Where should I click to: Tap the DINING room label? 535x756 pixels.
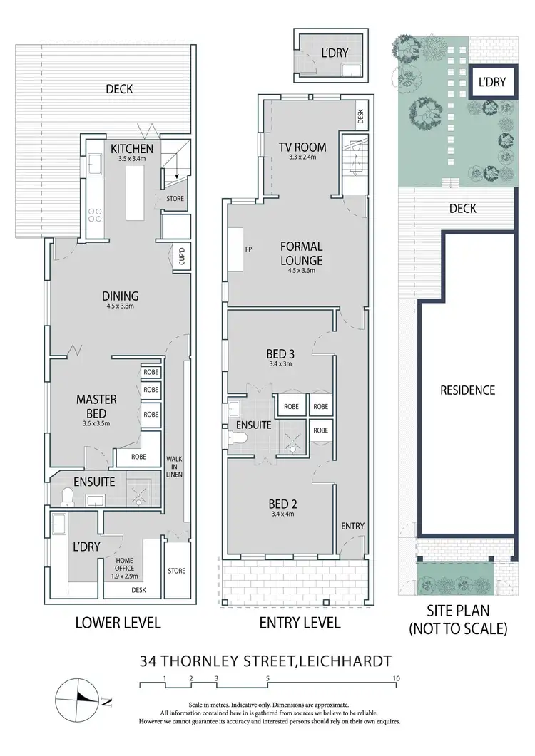120,296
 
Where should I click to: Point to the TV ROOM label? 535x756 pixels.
302,147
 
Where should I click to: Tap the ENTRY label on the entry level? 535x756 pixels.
352,526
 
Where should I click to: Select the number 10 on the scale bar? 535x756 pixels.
396,678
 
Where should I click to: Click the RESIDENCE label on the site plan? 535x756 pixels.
467,390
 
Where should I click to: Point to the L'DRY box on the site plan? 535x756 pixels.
491,82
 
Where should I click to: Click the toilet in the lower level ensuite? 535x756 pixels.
68,497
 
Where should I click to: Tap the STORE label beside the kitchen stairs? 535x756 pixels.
175,199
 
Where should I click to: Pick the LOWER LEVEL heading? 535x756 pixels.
118,622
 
